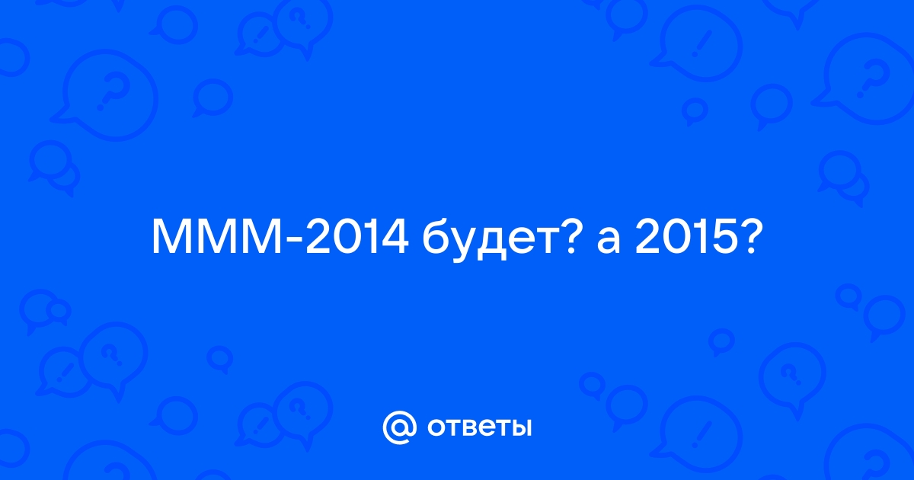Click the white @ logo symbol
(x=399, y=427)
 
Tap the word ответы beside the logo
(x=479, y=427)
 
